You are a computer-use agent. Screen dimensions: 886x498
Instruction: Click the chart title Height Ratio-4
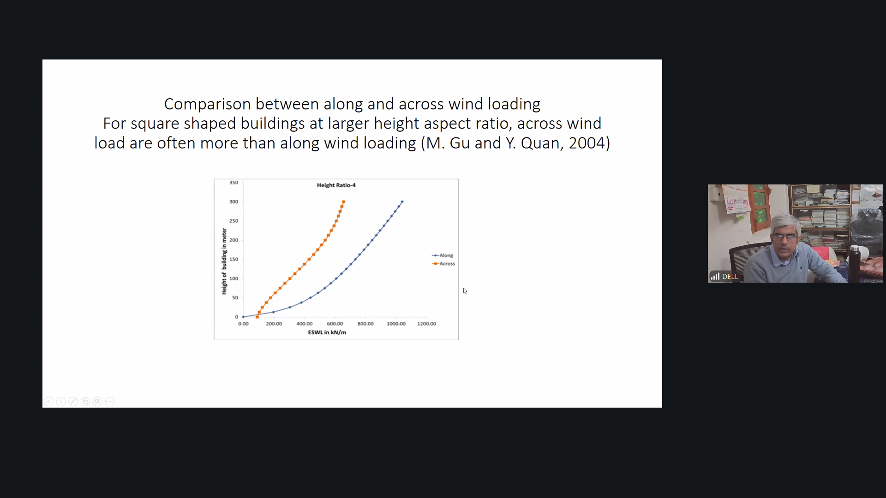(336, 185)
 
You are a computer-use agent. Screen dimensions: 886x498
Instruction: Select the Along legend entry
(443, 255)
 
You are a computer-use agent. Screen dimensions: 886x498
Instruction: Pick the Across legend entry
(443, 263)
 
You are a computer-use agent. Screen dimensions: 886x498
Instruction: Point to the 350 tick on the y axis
(233, 183)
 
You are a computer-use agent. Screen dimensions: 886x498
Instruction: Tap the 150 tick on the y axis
(233, 259)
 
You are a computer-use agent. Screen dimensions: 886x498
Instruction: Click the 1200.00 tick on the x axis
(426, 324)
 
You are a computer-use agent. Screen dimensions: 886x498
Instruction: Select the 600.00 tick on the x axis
(335, 324)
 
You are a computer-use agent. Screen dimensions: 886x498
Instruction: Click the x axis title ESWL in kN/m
(327, 332)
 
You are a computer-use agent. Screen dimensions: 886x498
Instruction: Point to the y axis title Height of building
(224, 261)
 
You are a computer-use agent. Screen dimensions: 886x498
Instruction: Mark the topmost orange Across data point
(343, 202)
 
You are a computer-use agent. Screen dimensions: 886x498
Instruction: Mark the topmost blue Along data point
(402, 202)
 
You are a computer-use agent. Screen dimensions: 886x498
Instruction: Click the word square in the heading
(155, 124)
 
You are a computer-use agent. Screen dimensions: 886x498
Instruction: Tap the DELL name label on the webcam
(730, 277)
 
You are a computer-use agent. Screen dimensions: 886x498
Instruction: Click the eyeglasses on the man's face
(784, 237)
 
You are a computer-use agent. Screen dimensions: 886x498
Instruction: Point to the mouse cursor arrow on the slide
(465, 290)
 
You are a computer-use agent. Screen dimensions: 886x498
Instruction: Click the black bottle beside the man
(855, 263)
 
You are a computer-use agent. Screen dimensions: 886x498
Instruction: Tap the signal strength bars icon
(715, 276)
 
